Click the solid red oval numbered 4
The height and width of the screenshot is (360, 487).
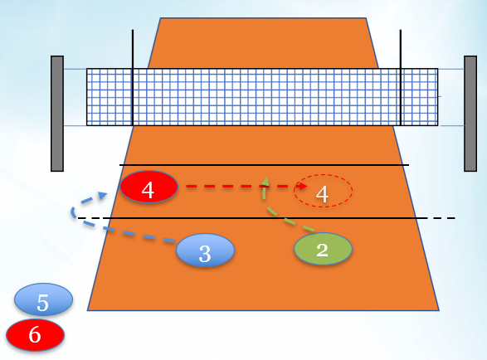(149, 187)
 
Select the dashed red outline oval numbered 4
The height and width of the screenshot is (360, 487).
(323, 174)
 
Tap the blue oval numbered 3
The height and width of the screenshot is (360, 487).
(205, 250)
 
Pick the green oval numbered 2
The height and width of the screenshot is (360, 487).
(324, 249)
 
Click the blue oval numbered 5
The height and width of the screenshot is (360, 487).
(43, 299)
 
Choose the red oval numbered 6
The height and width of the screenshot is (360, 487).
(35, 335)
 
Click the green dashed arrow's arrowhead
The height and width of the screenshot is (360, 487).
(265, 182)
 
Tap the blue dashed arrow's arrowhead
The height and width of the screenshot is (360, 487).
(103, 195)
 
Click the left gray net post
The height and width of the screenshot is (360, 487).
(57, 114)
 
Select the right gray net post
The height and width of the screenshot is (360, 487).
(470, 114)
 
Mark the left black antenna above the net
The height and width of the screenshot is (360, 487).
(133, 78)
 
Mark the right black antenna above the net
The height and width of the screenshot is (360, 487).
(401, 78)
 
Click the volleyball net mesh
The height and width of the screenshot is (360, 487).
(262, 97)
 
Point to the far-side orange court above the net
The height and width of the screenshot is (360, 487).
(263, 43)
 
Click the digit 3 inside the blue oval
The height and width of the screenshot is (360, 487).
(205, 254)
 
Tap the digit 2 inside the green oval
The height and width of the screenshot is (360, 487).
(323, 250)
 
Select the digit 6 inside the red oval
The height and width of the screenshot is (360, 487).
(35, 335)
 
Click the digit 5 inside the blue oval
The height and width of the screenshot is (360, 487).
(43, 303)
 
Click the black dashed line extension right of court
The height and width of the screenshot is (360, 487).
(441, 218)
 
